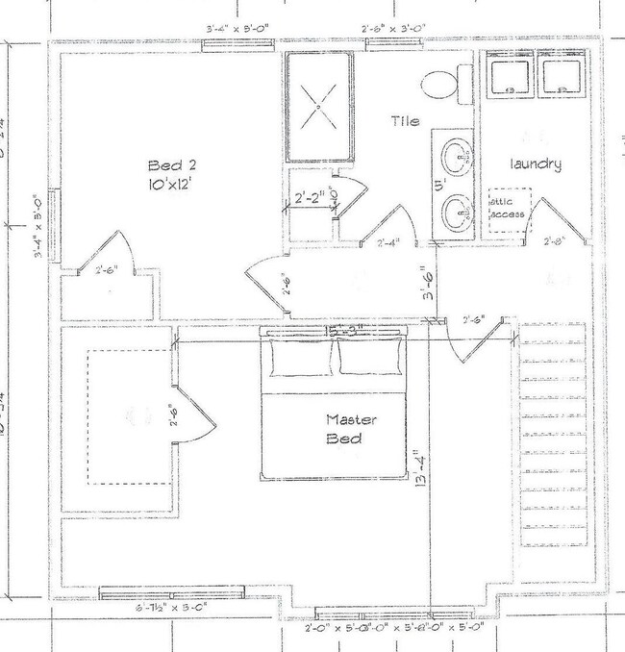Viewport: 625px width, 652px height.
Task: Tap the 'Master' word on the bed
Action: (343, 419)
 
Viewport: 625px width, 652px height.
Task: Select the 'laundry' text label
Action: (536, 163)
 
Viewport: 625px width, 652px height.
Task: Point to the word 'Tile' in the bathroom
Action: (405, 121)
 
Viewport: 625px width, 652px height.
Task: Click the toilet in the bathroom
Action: (443, 85)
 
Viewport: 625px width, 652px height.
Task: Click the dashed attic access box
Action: (508, 208)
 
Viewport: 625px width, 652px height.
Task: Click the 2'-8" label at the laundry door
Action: (554, 241)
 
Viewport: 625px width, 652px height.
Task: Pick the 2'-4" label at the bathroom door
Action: (387, 242)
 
